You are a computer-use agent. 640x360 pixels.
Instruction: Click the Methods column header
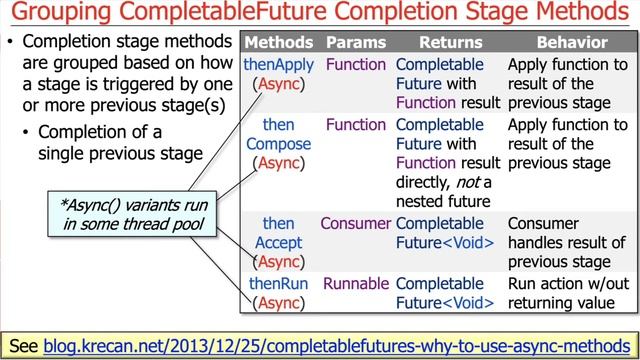click(x=279, y=43)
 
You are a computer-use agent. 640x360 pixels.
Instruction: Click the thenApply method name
click(x=279, y=64)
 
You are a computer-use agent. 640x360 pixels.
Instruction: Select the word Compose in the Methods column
click(x=279, y=144)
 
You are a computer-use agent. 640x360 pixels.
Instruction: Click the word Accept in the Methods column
click(x=279, y=243)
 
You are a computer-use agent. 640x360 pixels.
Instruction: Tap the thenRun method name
click(x=279, y=284)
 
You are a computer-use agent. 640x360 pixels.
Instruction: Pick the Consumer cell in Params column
click(x=355, y=224)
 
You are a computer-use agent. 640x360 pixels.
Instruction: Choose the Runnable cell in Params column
click(x=355, y=284)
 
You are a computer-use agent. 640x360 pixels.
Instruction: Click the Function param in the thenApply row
click(x=355, y=64)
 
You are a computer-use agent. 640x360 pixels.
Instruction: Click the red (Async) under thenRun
click(x=279, y=303)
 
